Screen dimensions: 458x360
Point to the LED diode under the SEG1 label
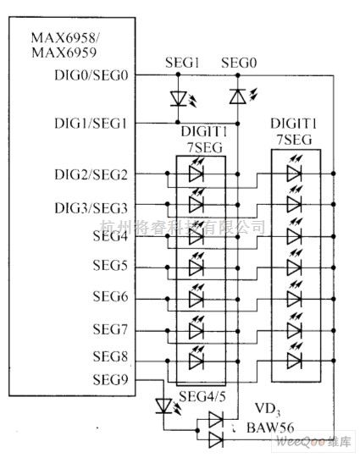178,98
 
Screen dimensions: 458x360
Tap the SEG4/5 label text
200,397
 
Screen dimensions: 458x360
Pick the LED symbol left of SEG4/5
165,406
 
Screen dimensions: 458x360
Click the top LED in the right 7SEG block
294,174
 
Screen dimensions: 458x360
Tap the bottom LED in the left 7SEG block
196,360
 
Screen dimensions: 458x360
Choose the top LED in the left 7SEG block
196,174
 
